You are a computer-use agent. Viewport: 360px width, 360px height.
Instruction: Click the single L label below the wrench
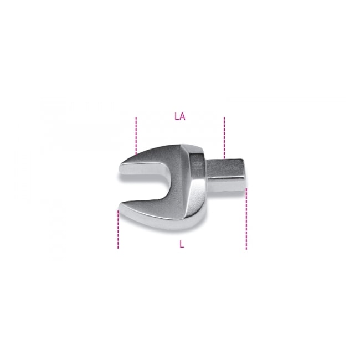182,245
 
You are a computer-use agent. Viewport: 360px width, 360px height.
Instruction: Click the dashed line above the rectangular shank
224,136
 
